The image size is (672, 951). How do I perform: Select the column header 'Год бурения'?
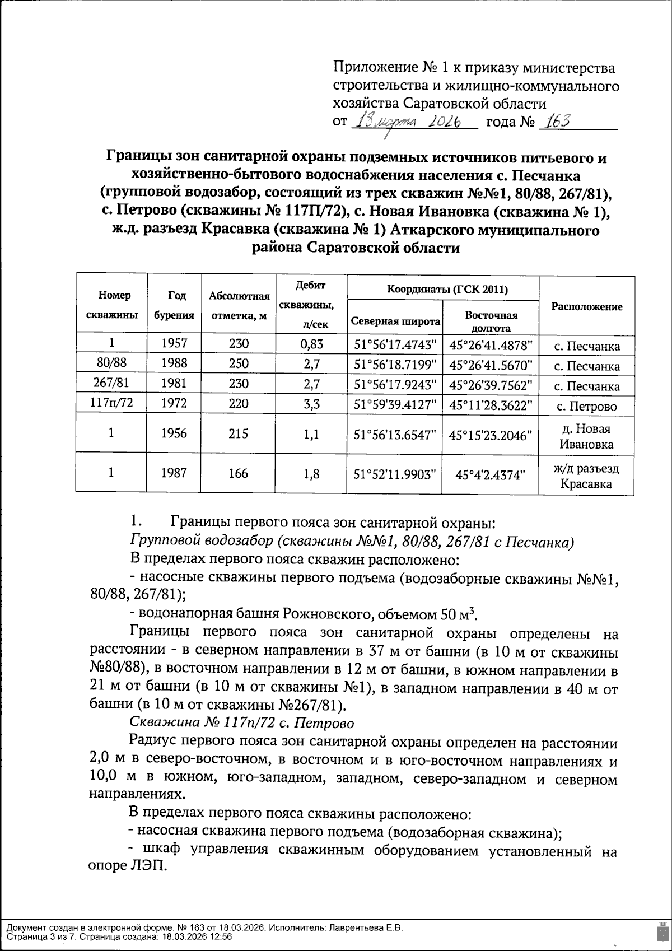(x=174, y=305)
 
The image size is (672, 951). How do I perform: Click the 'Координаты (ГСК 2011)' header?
(x=442, y=289)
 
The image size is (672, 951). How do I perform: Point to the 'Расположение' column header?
(x=586, y=306)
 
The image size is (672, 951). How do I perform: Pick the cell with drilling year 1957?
(x=174, y=343)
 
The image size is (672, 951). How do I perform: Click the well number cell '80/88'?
(x=111, y=363)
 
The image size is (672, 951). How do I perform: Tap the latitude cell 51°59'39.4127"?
(x=395, y=405)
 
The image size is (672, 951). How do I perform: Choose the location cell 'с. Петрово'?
(x=586, y=407)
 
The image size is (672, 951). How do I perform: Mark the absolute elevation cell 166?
(x=239, y=473)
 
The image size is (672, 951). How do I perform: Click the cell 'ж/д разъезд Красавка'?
(x=586, y=476)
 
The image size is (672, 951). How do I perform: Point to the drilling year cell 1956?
(x=174, y=433)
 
